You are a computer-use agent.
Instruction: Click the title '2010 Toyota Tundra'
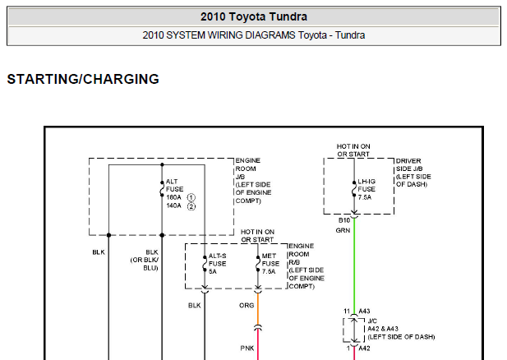tap(253, 16)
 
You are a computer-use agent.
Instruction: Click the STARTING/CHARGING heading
tap(83, 80)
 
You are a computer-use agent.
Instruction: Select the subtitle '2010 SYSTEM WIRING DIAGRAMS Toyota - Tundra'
tap(253, 35)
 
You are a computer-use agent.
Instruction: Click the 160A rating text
tap(173, 198)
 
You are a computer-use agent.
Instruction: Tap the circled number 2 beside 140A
tap(191, 205)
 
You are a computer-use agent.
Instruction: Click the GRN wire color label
tap(343, 231)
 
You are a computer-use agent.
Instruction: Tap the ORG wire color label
tap(247, 305)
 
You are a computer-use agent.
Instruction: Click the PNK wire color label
tap(247, 348)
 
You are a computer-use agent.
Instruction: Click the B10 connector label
tap(343, 220)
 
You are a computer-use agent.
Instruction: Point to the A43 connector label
tap(365, 311)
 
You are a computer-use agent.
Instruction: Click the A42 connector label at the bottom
tap(365, 348)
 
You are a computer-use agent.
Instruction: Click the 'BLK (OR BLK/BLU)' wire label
tap(151, 260)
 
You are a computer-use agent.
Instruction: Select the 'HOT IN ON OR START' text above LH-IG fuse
tap(354, 149)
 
